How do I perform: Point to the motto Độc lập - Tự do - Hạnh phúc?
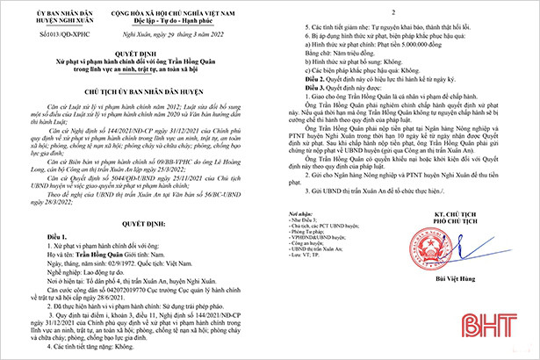(169, 20)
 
